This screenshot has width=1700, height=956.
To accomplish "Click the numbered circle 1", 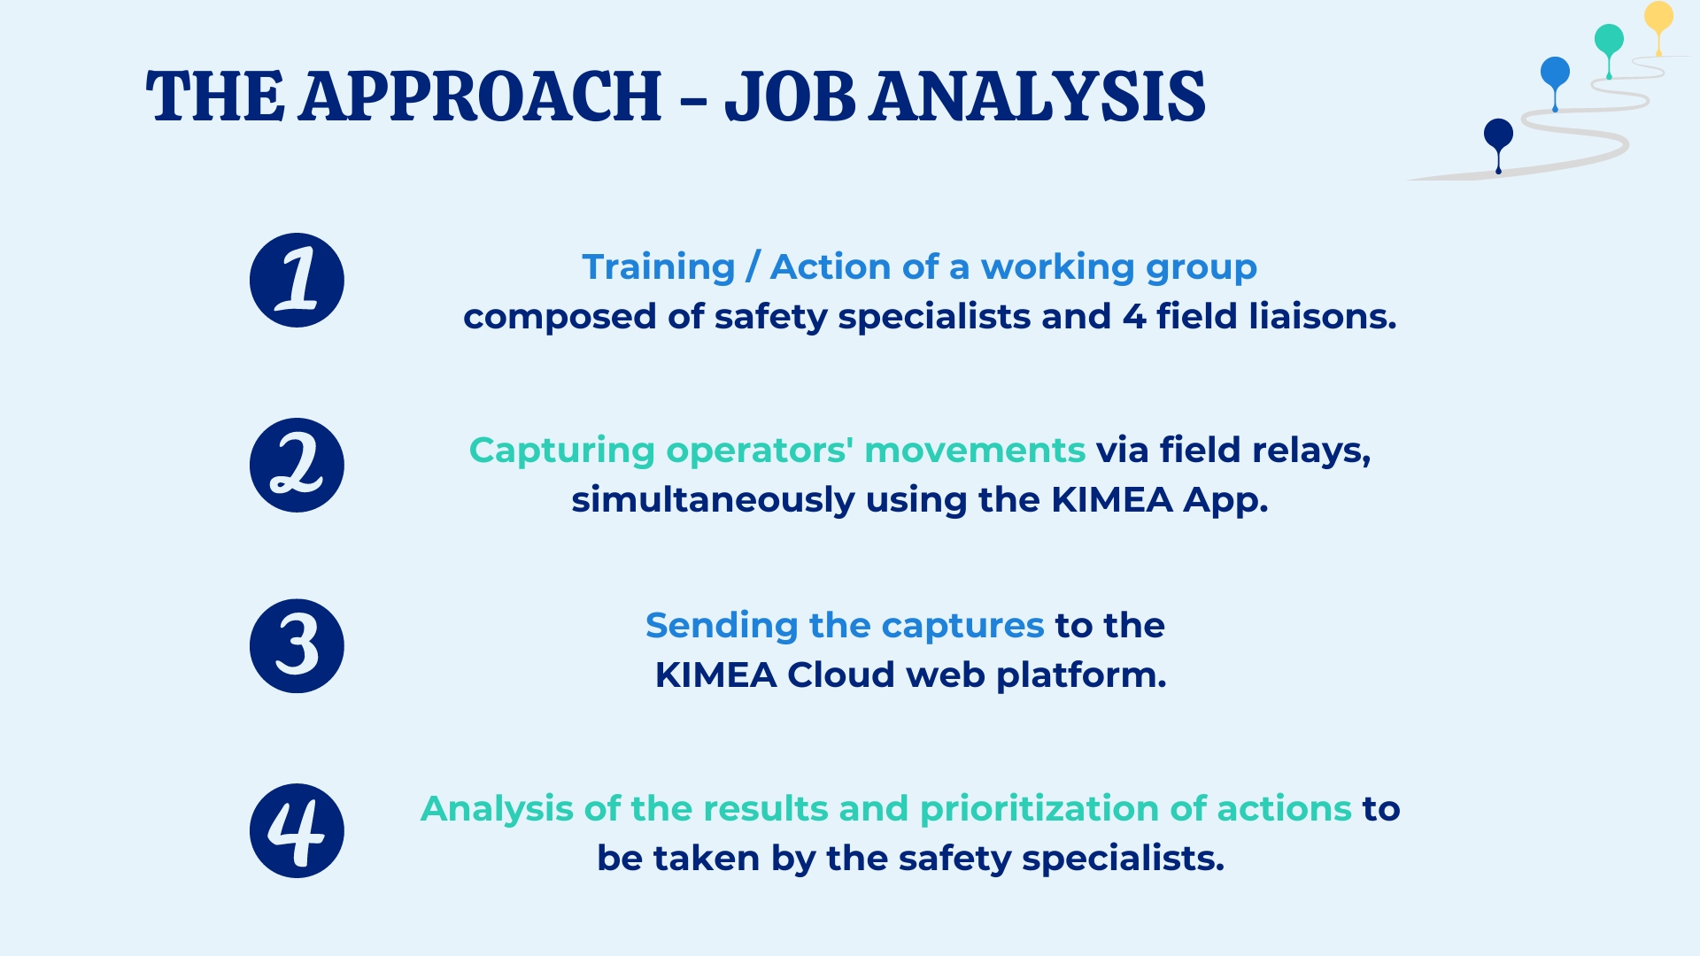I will (x=297, y=281).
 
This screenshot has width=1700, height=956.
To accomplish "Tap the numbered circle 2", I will (x=297, y=466).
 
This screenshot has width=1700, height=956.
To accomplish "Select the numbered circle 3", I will (x=297, y=646).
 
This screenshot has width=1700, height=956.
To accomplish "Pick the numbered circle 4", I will (x=297, y=830).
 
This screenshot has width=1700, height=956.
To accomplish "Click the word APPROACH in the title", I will (x=480, y=96).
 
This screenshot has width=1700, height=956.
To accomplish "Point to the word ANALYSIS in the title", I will (x=1037, y=96).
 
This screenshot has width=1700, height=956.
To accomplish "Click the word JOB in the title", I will (x=790, y=96).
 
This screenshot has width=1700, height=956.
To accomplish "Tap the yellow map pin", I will (x=1658, y=18).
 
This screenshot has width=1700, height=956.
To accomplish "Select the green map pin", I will (x=1609, y=40).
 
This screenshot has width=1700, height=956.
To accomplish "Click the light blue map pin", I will (x=1555, y=73).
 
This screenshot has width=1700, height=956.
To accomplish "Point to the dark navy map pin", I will (x=1498, y=135).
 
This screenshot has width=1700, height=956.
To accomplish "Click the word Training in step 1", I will (x=659, y=267).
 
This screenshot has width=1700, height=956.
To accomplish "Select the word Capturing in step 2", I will (x=561, y=451).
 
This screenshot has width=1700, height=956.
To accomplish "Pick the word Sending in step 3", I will (x=721, y=626).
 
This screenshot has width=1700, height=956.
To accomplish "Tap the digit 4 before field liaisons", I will (x=1134, y=317).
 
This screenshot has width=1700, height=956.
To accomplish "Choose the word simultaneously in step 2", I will (x=713, y=501).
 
